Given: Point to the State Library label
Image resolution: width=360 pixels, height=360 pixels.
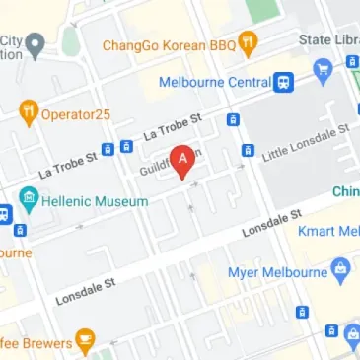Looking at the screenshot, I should pos(329,39).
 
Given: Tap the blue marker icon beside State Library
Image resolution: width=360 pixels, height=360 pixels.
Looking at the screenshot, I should pos(322,68).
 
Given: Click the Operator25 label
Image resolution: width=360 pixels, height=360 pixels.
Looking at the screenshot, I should pos(75,114).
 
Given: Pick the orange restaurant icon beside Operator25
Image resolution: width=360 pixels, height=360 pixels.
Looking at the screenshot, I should pos(28,113).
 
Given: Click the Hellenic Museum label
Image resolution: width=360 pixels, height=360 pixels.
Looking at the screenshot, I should pos(95,201).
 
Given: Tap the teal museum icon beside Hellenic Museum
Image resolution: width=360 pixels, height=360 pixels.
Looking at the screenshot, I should pos(28,201).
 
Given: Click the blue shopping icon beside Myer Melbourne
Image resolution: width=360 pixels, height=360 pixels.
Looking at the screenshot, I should pos(341,268).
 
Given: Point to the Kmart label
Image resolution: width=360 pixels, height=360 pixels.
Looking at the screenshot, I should pos(334,232).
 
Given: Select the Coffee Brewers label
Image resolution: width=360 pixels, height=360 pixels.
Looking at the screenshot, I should pos(36,343).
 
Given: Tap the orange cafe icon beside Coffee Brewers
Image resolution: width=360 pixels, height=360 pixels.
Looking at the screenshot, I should pos(86,342).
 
